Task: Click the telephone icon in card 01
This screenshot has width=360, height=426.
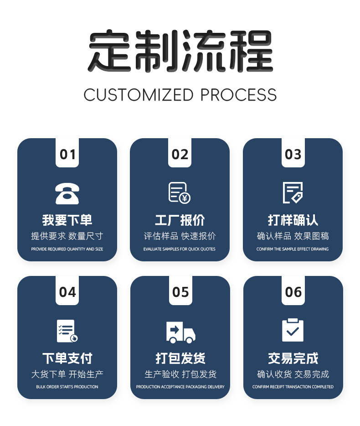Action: click(67, 193)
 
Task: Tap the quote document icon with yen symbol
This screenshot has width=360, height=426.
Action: click(180, 192)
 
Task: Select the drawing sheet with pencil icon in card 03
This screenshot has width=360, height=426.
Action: click(293, 192)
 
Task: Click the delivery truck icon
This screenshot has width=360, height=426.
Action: click(180, 332)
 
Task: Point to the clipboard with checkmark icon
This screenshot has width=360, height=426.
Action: click(293, 330)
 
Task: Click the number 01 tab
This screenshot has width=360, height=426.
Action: click(67, 154)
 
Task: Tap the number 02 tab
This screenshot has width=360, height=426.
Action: click(180, 154)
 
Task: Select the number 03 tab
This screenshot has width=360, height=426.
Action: click(293, 154)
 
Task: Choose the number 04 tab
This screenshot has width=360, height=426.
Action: click(67, 292)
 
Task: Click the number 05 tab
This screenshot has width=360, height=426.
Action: click(180, 292)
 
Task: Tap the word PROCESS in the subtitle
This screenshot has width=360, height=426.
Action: click(238, 95)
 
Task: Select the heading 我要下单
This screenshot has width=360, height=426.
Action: click(67, 220)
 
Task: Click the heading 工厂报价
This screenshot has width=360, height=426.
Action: click(180, 220)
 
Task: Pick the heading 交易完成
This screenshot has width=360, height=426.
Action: click(293, 358)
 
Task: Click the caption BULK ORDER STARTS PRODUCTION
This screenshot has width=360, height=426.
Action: click(67, 387)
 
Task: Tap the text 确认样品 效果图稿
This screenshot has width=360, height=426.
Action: click(293, 236)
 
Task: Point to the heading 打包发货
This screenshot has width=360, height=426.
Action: click(180, 358)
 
